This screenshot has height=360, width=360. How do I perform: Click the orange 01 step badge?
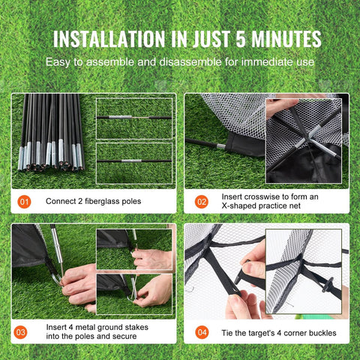[25, 201]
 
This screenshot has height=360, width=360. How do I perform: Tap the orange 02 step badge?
[201, 201]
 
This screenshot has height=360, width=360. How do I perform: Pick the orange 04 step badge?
[201, 330]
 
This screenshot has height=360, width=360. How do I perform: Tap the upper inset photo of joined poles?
[134, 118]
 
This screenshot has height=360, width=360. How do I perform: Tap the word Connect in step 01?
[58, 201]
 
